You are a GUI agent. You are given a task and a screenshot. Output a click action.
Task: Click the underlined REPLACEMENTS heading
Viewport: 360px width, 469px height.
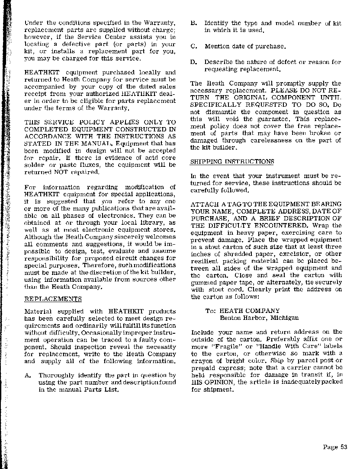pyautogui.click(x=53, y=299)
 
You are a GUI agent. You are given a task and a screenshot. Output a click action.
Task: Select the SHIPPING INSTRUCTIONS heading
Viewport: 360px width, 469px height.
pyautogui.click(x=232, y=162)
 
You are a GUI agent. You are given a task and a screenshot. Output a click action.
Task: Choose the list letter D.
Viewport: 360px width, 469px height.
pyautogui.click(x=193, y=62)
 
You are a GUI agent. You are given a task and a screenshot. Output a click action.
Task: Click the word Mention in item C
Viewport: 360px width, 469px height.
pyautogui.click(x=218, y=46)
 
